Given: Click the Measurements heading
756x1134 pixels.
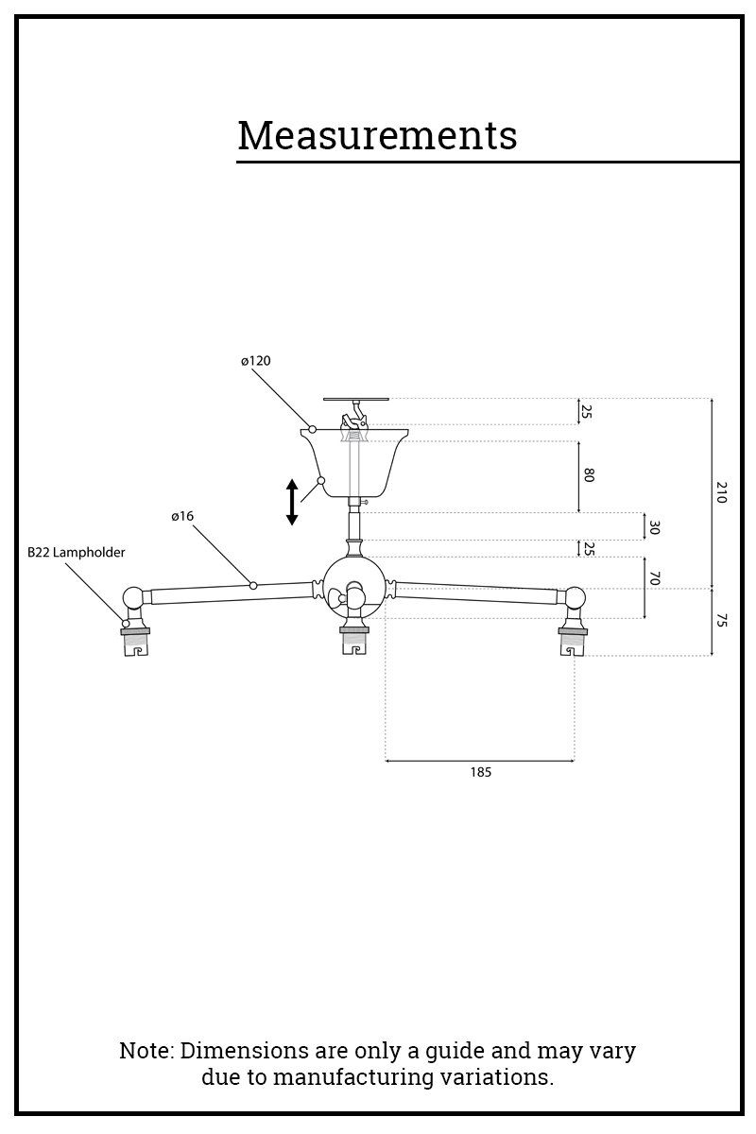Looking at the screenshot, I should (x=377, y=135).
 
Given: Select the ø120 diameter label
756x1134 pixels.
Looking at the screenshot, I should (x=255, y=361).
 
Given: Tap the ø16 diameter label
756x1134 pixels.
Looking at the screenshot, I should (x=182, y=516).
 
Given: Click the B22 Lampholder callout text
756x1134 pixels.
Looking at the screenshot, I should (x=76, y=553).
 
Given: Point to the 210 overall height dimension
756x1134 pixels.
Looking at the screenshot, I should (x=721, y=492).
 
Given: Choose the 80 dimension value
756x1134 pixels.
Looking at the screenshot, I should (x=588, y=475).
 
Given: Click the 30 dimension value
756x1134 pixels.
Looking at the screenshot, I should (x=653, y=526).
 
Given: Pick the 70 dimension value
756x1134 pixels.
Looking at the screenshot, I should (x=653, y=578).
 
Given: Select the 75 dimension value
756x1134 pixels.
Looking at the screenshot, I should (x=721, y=621).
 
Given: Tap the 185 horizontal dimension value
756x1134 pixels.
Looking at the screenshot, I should (x=480, y=772).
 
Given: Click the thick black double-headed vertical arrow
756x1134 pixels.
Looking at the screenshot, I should (x=292, y=502).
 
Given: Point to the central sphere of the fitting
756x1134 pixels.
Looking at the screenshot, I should (x=354, y=586).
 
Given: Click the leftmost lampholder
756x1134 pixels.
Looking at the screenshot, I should (x=136, y=640).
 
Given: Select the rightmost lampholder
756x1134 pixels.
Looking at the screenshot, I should (x=573, y=640).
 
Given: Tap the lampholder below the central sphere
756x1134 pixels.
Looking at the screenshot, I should (x=354, y=640).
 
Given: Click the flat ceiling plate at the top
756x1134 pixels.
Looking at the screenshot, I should (x=355, y=399).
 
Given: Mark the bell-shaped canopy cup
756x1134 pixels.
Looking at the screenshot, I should (x=355, y=463).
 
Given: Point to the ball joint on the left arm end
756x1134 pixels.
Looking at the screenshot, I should (x=134, y=597).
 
